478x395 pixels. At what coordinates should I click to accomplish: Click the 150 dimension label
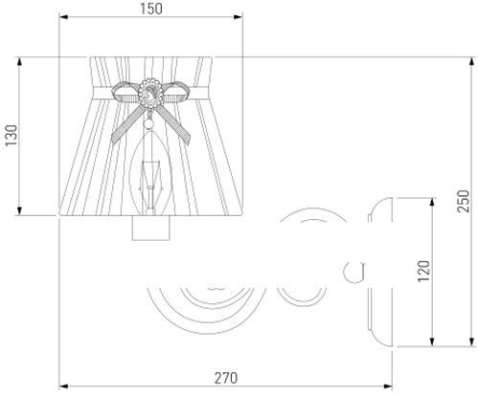coord(151,9)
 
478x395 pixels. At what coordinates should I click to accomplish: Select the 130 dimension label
coord(11,136)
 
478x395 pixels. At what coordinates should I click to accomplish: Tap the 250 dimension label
coord(463,201)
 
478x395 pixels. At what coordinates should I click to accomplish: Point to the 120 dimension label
coord(423,271)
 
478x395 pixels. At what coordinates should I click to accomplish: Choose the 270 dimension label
coord(226,378)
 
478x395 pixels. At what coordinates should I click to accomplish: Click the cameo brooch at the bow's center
coord(150,92)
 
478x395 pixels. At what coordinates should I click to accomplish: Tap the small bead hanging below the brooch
coord(149,123)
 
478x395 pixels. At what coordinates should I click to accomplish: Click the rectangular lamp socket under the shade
coord(151,228)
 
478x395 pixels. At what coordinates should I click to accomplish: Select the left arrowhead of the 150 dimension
coord(63,16)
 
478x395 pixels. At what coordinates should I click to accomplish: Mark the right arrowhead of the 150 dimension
coord(239,16)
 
